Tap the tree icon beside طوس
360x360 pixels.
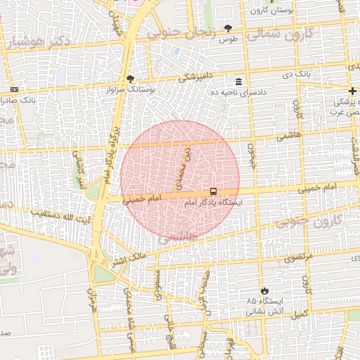[229, 28]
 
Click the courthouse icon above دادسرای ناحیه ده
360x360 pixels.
[239, 81]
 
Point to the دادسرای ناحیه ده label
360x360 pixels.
[239, 92]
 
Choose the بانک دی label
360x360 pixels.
[297, 74]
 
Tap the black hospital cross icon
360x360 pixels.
[352, 91]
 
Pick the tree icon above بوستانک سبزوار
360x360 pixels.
[129, 78]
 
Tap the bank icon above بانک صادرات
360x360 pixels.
[15, 89]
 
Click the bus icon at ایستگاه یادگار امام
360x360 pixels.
[213, 191]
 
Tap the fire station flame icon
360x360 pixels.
[264, 290]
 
